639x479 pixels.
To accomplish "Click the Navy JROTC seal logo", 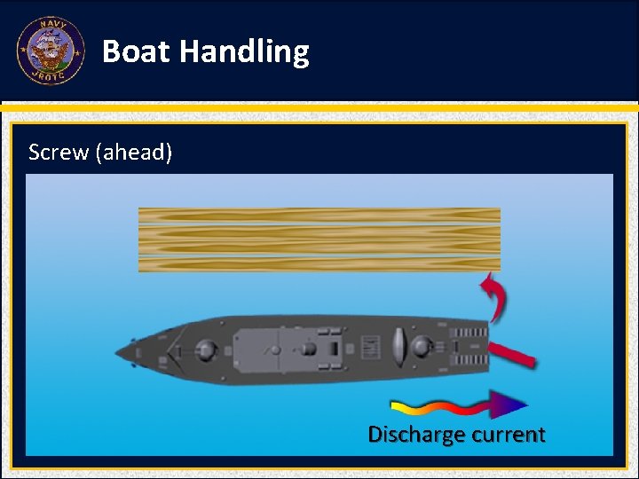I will pyautogui.click(x=51, y=51).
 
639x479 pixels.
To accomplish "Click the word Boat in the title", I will pyautogui.click(x=136, y=51).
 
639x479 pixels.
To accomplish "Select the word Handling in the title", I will pyautogui.click(x=244, y=52).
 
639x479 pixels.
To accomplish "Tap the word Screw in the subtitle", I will pyautogui.click(x=59, y=153).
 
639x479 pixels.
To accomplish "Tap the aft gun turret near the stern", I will pyautogui.click(x=421, y=346).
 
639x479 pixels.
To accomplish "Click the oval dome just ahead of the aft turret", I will pyautogui.click(x=398, y=345).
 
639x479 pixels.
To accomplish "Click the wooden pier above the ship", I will pyautogui.click(x=319, y=239).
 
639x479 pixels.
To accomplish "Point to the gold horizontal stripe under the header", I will pyautogui.click(x=319, y=108).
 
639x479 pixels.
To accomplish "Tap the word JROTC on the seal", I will pyautogui.click(x=51, y=75).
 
